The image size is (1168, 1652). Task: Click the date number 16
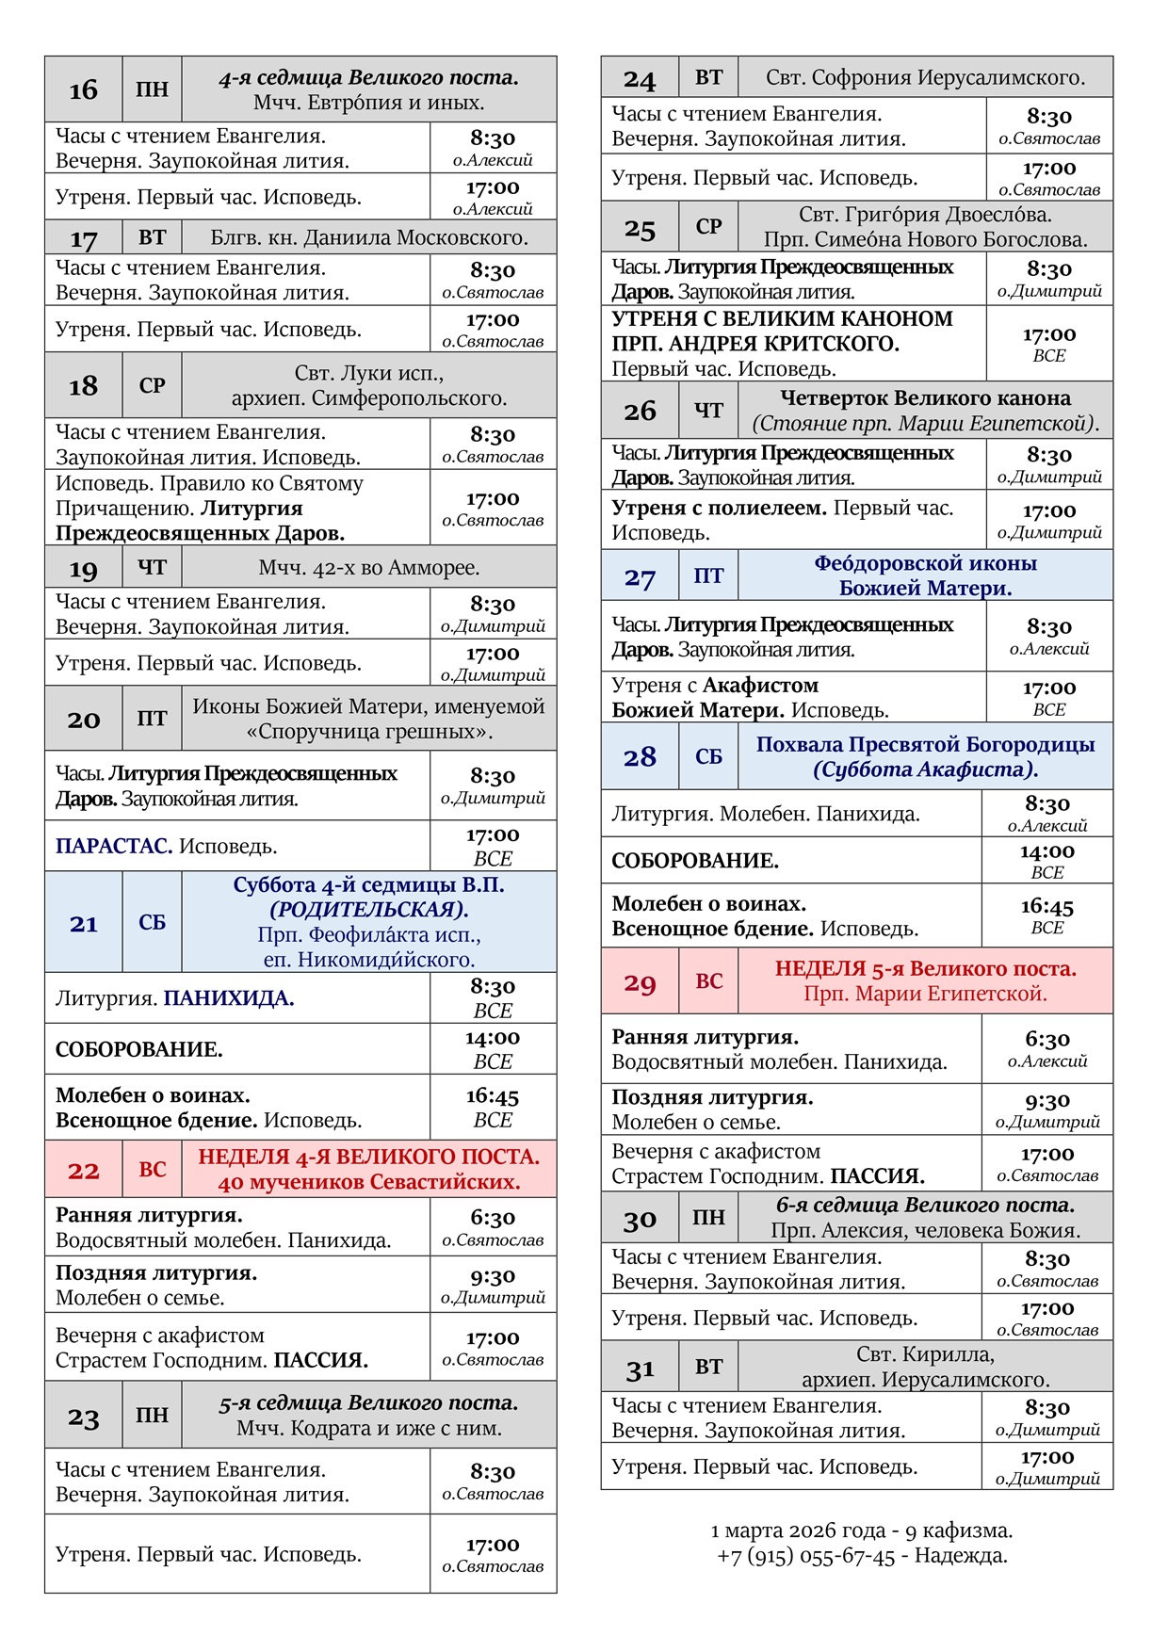click(x=83, y=90)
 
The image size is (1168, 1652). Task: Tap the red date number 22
click(x=83, y=1171)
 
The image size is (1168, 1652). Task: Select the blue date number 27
click(x=640, y=577)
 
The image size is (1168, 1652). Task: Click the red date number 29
click(x=640, y=982)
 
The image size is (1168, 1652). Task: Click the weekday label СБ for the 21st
click(x=152, y=923)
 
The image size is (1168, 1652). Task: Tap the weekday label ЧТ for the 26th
click(x=708, y=411)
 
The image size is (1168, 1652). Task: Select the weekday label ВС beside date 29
click(x=708, y=981)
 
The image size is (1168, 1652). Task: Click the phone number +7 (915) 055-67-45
click(x=805, y=1556)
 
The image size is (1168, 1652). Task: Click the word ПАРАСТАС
click(x=113, y=846)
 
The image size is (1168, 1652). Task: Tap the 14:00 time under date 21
click(x=493, y=1038)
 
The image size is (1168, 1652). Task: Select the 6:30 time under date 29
click(x=1047, y=1040)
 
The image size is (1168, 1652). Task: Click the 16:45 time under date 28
click(x=1047, y=906)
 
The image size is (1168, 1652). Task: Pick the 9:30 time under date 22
click(x=493, y=1276)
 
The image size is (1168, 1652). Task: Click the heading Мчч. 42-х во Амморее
click(x=369, y=568)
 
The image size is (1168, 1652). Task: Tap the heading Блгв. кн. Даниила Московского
click(x=369, y=237)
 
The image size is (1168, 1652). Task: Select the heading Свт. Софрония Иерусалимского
click(x=925, y=77)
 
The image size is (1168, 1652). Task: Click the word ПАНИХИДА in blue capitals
click(x=229, y=998)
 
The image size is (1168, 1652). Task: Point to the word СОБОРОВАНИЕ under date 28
click(x=695, y=861)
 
